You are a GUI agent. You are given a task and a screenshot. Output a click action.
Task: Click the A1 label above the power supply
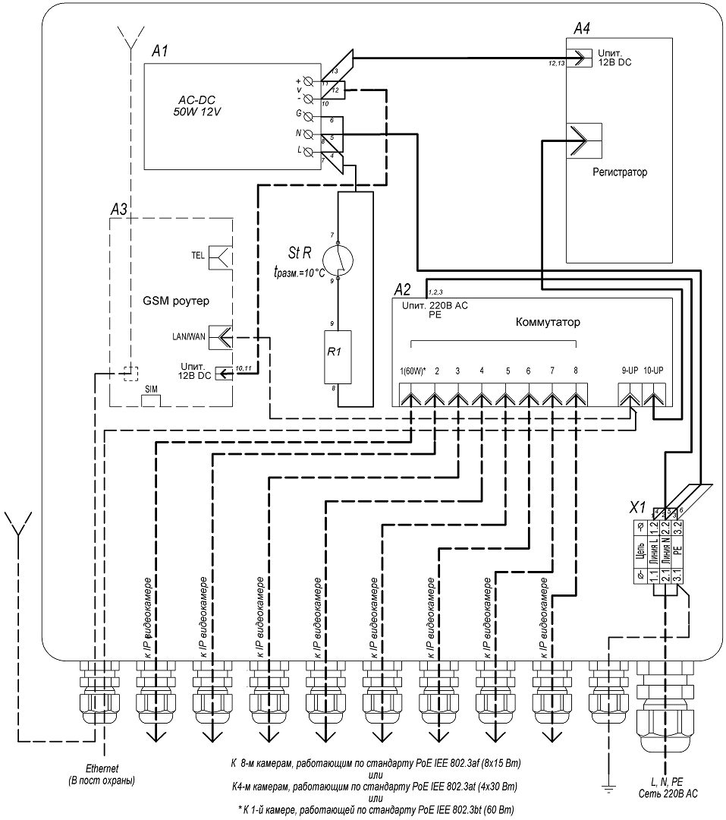point(159,52)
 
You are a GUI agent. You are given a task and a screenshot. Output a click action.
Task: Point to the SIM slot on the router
point(151,389)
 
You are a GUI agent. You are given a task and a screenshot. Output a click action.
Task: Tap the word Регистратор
point(620,173)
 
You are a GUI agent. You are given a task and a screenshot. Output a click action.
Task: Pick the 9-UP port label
point(630,371)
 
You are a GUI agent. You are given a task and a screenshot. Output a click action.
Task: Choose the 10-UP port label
point(654,371)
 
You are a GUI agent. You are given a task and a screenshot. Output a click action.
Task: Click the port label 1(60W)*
point(412,371)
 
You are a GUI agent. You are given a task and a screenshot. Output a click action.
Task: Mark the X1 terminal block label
point(639,507)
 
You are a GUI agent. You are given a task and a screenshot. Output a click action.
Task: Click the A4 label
point(582,29)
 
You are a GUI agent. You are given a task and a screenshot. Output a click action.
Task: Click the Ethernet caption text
point(104,768)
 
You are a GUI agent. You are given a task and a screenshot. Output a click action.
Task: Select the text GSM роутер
point(175,300)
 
